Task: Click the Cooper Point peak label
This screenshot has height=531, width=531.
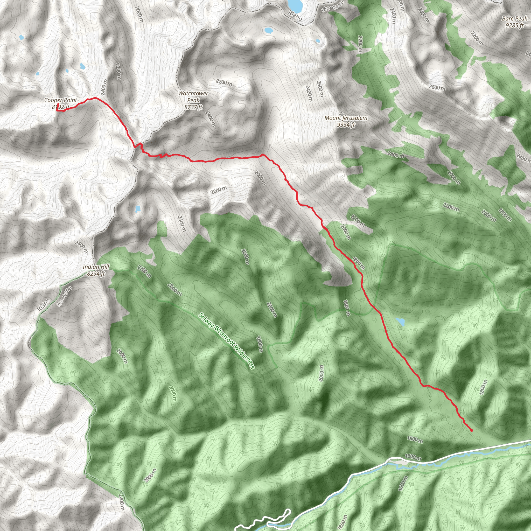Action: point(61,103)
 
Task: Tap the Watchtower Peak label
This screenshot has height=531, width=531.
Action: point(193,100)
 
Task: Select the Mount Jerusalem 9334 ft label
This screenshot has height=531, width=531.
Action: point(346,121)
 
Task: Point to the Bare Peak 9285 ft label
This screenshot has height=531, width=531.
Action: point(514,22)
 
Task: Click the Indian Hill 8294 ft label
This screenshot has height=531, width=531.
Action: point(96,270)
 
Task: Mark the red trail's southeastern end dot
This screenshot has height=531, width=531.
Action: point(472,430)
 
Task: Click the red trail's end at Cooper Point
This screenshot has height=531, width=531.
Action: point(57,105)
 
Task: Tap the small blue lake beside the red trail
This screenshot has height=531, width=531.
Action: point(400,322)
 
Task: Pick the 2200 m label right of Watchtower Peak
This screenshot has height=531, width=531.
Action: point(224,82)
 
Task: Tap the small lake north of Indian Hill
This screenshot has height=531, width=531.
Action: point(137,209)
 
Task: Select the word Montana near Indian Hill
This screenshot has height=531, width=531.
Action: point(64,296)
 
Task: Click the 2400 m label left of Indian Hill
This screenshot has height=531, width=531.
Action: point(81,247)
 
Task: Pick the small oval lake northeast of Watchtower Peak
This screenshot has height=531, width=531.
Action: point(268,30)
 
